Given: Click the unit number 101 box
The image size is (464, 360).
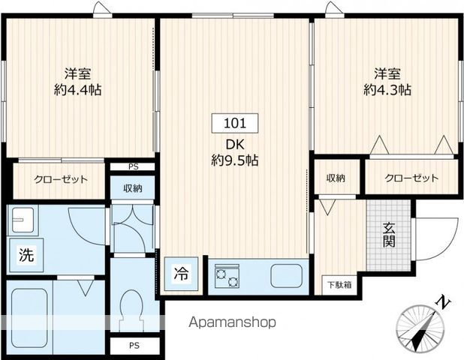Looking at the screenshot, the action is (235, 123).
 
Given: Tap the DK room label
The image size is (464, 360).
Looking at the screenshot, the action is (235, 145).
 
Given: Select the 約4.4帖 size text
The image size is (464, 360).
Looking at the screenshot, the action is (77, 89).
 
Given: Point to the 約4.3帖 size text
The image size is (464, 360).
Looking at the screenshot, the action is (387, 89).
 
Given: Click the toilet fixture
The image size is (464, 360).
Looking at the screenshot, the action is (131, 310).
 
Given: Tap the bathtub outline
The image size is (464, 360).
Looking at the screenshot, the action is (29, 319).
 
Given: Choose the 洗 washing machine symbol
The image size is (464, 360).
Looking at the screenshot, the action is (26, 254).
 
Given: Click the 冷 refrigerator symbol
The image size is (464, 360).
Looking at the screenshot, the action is (181, 274).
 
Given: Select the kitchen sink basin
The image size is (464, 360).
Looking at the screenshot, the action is (287, 275).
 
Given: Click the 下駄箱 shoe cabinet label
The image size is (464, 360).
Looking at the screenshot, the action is (339, 285).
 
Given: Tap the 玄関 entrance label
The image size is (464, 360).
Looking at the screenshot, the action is (389, 235).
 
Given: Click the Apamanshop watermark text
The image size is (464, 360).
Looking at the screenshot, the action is (232, 322).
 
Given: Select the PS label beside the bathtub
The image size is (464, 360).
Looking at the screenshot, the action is (134, 345).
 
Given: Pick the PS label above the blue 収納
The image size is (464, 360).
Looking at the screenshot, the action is (134, 166).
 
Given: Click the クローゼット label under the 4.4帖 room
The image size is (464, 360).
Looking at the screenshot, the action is (61, 179).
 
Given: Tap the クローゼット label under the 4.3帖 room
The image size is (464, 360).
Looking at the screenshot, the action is (411, 178).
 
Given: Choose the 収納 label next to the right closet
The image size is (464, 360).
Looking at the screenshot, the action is (336, 178).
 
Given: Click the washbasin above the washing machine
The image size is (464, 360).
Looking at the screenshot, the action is (23, 220).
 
